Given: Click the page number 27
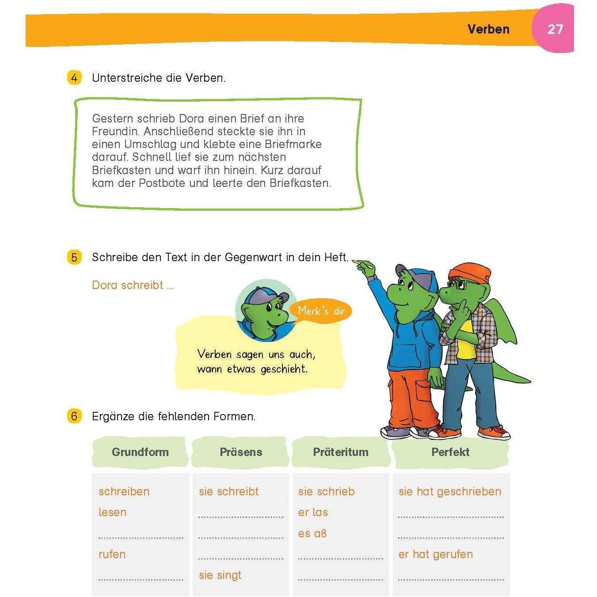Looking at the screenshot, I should pos(555,30).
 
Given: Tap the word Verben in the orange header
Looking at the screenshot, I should pos(488,30).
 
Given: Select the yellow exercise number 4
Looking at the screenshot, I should pos(74,78).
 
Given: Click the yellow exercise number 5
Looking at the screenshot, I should pos(74,257).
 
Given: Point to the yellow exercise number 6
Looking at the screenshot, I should pos(74,416).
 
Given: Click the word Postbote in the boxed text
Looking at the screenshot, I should pos(162,183).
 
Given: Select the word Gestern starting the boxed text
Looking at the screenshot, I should pos(112,118).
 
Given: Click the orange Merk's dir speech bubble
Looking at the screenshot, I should pos(321,311).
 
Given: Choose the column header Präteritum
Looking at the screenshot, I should pos(340,452).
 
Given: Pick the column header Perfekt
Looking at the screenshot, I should pos(450,452).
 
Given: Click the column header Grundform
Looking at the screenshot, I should pos(140,452).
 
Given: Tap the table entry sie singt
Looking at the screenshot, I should pos(220,575).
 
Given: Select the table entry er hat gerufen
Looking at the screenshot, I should pos(435,554).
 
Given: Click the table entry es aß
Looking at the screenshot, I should pos(312,533).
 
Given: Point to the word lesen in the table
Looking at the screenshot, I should pos(112,512).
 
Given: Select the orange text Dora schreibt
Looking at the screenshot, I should pos(128,285).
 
